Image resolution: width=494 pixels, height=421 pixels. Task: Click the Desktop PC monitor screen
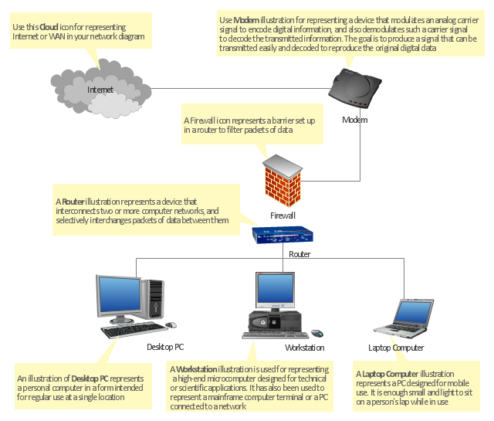[x=119, y=297]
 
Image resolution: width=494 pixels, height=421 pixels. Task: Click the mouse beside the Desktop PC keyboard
[x=171, y=325]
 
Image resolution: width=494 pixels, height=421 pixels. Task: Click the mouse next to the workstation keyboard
[x=316, y=334]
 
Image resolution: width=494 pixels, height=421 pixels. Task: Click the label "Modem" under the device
[x=354, y=120]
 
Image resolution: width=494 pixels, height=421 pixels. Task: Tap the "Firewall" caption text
[x=283, y=216]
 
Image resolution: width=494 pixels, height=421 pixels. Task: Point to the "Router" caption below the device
[x=299, y=254]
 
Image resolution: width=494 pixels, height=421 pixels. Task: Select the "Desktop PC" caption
[x=165, y=347]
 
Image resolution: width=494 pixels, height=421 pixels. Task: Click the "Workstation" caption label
[x=304, y=348]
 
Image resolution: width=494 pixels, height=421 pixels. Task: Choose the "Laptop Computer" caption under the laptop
[x=396, y=348]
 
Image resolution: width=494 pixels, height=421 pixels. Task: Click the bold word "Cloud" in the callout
[x=49, y=26]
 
